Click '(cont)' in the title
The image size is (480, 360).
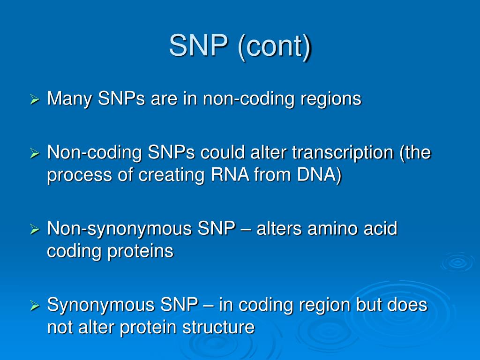click(275, 47)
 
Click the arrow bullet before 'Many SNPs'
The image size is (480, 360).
click(34, 99)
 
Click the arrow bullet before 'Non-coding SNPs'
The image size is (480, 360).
click(34, 153)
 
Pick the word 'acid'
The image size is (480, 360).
click(381, 229)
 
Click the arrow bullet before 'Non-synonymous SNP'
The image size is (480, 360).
click(34, 229)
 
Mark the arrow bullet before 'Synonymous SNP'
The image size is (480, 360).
click(34, 306)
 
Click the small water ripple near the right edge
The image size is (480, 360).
click(457, 262)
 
